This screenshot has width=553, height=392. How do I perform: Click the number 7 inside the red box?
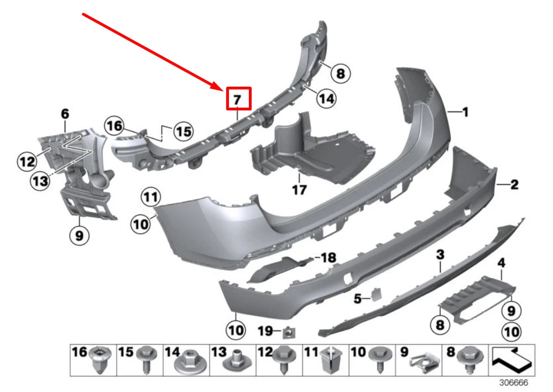point(237,100)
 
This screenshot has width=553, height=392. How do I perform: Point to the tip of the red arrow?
point(223,88)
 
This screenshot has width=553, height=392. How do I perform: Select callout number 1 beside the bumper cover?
point(465,112)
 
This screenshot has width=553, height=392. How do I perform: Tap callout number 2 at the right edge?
point(514,186)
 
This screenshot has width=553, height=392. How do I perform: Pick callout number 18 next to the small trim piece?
point(328,258)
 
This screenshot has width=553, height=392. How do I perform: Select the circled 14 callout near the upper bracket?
point(326,98)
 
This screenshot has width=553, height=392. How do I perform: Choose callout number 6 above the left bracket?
point(65,114)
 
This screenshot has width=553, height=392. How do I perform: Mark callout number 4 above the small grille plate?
point(502,262)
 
